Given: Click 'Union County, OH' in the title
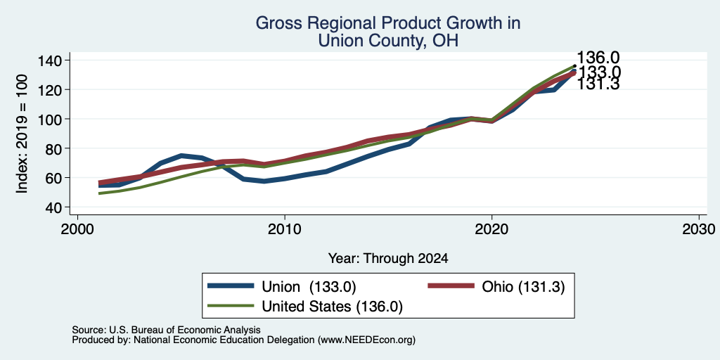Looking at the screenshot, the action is [388, 41].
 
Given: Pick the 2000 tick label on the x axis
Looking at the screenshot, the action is [77, 229].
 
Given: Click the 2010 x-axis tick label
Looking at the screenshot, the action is [285, 229].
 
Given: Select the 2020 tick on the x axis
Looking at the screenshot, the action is [491, 229].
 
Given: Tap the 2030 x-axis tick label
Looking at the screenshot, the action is [699, 229].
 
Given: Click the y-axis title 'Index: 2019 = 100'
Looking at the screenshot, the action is [22, 134].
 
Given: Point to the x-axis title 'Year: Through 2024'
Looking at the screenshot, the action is [388, 259].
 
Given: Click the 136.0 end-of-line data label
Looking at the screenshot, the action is [598, 58].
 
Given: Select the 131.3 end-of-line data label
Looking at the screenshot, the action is [598, 84].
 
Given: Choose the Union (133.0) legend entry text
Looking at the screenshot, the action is [309, 287].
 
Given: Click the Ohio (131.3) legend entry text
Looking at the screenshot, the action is [523, 287].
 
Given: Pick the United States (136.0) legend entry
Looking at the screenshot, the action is [332, 307].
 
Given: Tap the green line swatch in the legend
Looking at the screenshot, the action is [231, 306].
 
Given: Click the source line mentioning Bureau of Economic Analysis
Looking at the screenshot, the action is [166, 330].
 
